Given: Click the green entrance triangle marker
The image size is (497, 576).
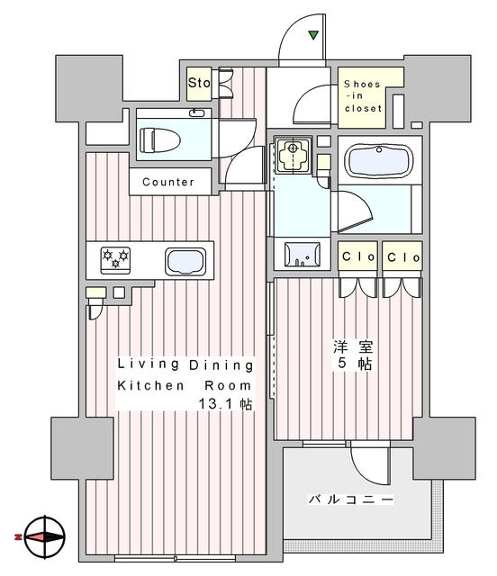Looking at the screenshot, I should pyautogui.click(x=313, y=36).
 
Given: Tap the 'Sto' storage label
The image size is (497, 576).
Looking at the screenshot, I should pyautogui.click(x=199, y=84).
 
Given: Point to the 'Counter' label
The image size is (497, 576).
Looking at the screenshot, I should pyautogui.click(x=167, y=182).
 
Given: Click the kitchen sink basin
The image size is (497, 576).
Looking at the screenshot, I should pyautogui.click(x=185, y=262).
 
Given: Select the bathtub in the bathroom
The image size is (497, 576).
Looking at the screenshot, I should pyautogui.click(x=380, y=162).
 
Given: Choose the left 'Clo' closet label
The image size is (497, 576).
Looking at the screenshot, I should pyautogui.click(x=357, y=257).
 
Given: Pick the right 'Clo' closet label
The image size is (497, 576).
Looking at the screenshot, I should pyautogui.click(x=402, y=257).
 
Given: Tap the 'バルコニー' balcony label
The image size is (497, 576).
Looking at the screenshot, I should pyautogui.click(x=350, y=498).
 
